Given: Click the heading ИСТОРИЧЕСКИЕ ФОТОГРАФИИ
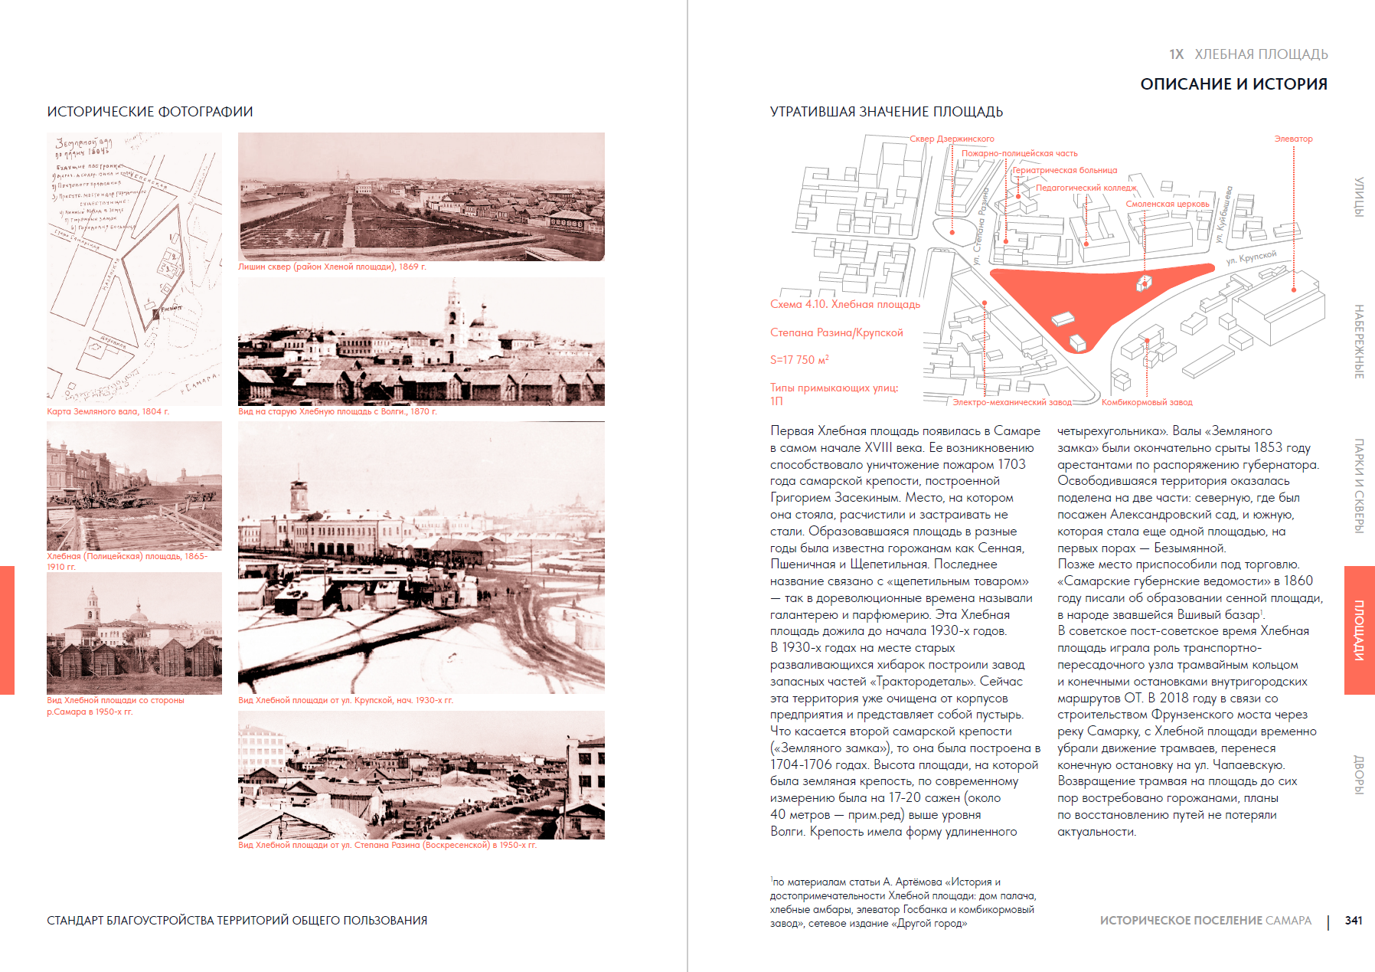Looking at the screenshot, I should point(150,112).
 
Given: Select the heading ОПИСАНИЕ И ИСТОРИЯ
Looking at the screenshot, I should point(1233,84).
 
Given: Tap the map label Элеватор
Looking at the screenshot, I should point(1293,139).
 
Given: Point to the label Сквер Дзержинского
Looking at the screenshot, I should point(952,139).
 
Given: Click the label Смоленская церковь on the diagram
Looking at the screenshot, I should point(1168,204).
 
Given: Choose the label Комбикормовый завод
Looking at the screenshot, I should point(1147,402).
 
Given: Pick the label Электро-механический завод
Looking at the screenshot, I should point(1012,402).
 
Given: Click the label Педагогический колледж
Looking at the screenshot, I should point(1086,188).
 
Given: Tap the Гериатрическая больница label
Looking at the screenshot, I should point(1065,170).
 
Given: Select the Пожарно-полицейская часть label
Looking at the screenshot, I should point(1019,153).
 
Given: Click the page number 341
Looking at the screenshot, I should point(1354,920).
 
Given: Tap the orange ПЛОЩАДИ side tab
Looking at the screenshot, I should point(1359,630).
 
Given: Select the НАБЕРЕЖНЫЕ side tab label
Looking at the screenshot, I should point(1359,342).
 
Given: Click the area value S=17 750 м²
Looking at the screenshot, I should point(799,360).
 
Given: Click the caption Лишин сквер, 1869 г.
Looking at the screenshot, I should point(332,267).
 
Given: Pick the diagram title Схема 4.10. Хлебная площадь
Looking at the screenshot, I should point(845,304).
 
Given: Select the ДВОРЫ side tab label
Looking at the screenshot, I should point(1359,774).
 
